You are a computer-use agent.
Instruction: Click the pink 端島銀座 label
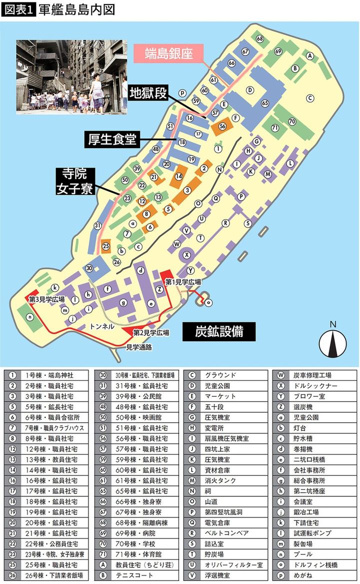[x=168, y=53]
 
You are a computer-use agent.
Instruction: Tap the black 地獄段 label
[x=147, y=93]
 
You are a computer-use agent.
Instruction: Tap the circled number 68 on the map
[x=259, y=39]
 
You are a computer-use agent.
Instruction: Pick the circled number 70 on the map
[x=292, y=122]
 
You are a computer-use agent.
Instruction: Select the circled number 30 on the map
[x=89, y=268]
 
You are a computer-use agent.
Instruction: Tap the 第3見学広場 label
[x=47, y=299]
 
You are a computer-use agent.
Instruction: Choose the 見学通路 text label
[x=138, y=346]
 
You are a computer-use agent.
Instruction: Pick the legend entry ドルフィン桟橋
[x=314, y=564]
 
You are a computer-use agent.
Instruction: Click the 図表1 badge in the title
[x=18, y=10]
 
